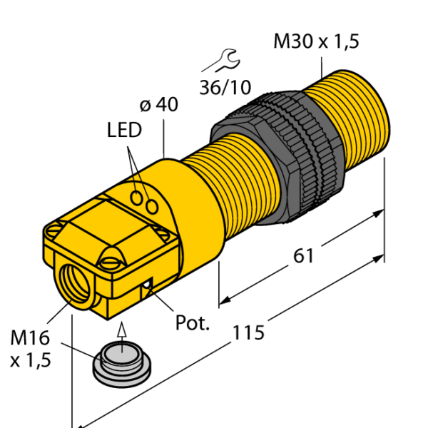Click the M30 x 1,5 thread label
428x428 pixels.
316,42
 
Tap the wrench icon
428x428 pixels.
218,61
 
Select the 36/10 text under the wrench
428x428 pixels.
225,87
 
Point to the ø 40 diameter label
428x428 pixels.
158,105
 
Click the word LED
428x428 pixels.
125,131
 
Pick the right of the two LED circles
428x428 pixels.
153,205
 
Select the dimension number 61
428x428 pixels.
304,255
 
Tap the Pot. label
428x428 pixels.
193,322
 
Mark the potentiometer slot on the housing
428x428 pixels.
147,288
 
